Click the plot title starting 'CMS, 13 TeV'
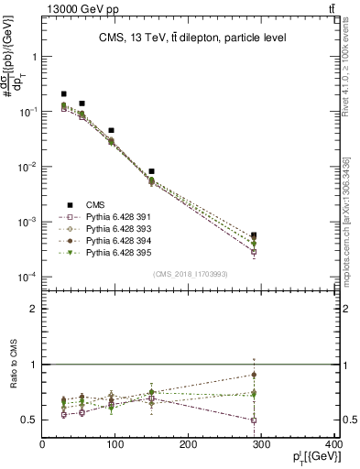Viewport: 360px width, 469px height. [x=191, y=38]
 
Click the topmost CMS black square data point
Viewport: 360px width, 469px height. [x=64, y=93]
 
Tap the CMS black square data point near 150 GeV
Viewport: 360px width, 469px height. [x=152, y=171]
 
